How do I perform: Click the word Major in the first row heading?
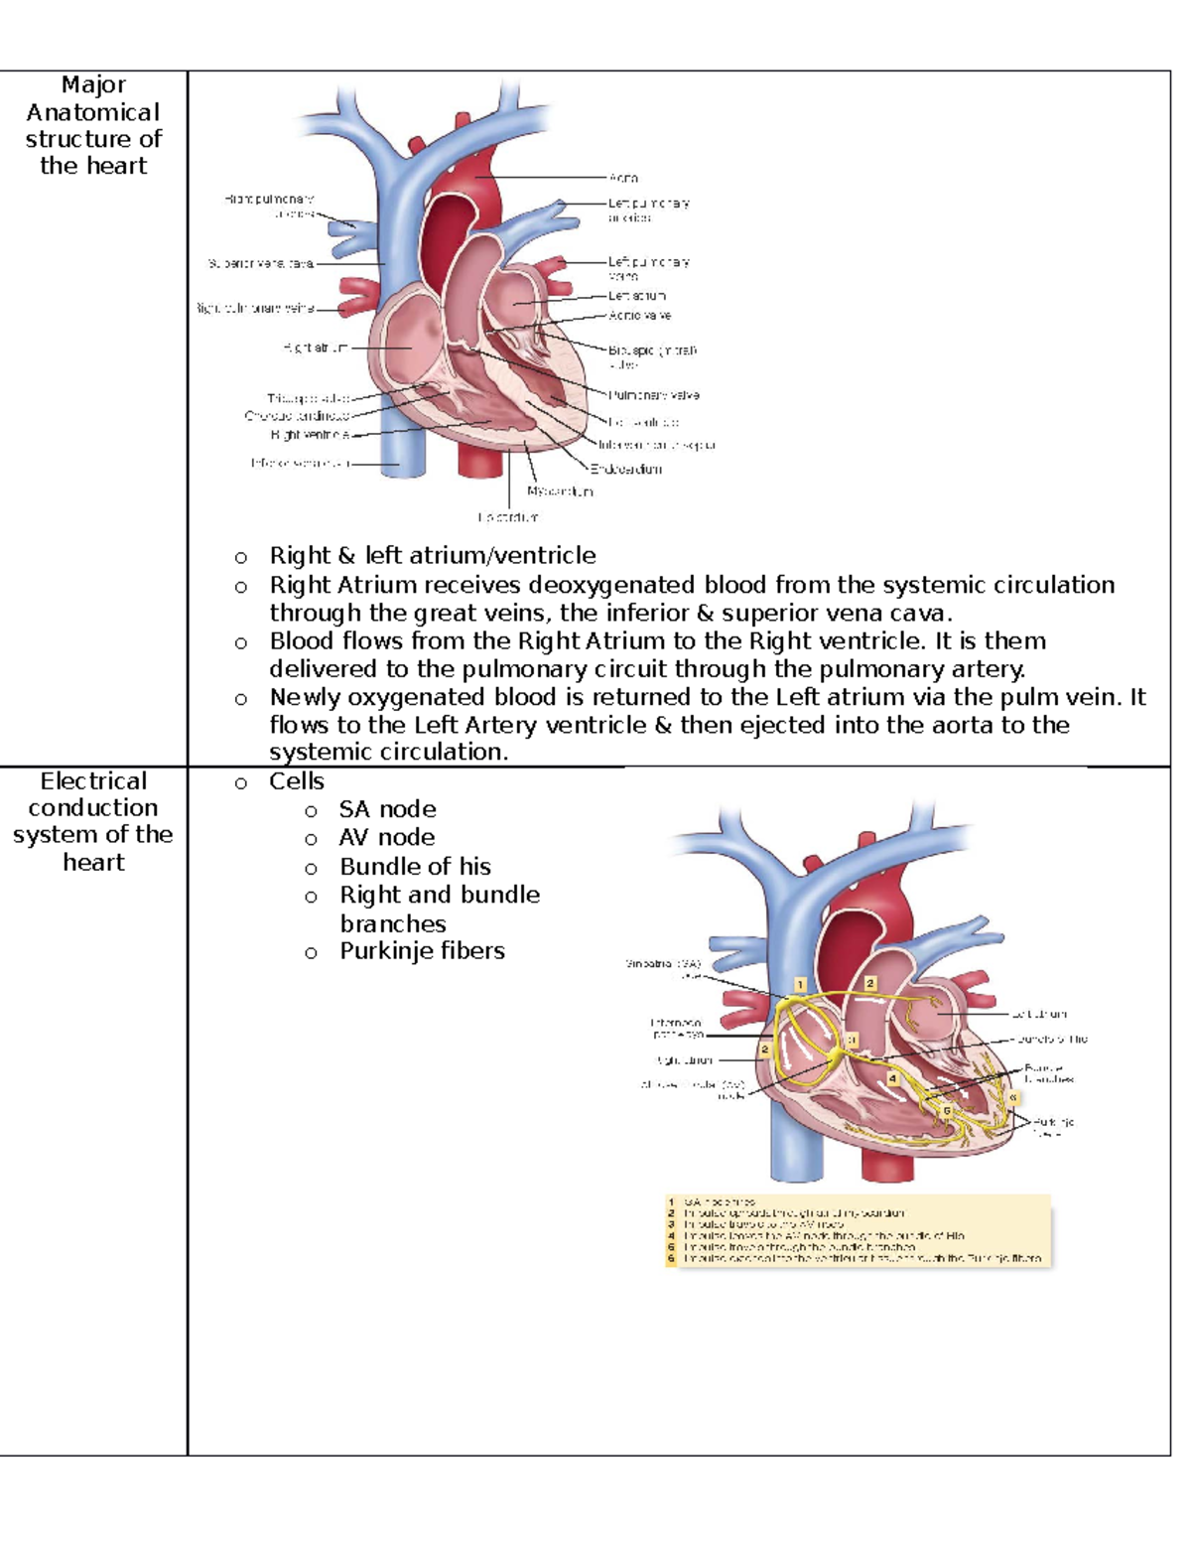93,85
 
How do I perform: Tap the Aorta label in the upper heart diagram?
623,178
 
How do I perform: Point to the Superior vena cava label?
260,264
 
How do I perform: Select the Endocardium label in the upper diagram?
626,470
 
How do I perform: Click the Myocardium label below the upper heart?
560,491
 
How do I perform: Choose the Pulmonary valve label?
654,395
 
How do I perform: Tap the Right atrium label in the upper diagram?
315,349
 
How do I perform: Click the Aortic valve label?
639,316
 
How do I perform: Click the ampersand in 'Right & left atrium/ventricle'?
345,556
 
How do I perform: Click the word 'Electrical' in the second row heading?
93,781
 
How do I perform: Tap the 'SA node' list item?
387,809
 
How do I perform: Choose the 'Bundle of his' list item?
415,867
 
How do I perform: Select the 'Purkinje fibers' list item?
422,951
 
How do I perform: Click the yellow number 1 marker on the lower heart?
800,985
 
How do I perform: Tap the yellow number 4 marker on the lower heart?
893,1078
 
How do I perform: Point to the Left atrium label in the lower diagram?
1039,1015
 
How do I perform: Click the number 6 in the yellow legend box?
672,1259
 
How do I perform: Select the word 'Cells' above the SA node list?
296,781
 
